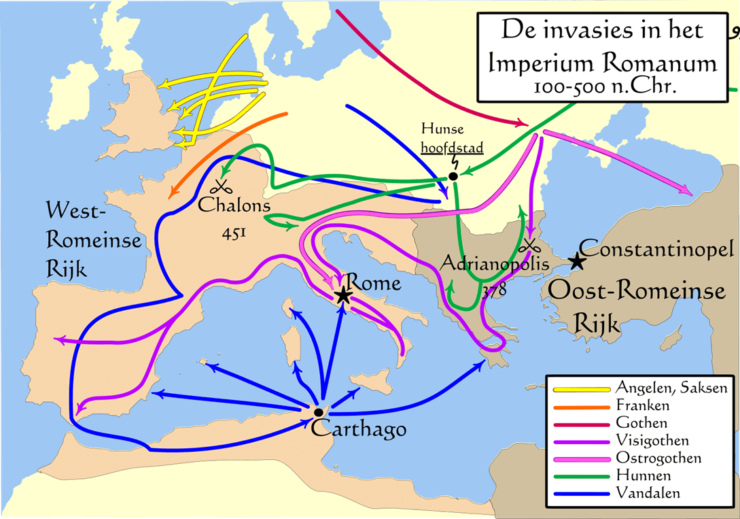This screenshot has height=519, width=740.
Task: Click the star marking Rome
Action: pos(343,295)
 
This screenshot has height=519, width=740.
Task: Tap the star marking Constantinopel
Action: pos(576,261)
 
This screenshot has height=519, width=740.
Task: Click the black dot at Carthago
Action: pos(318,412)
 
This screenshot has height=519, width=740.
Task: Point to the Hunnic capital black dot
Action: pos(453,177)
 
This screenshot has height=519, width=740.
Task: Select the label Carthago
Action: pos(359,429)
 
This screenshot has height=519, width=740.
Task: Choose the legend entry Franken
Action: pos(642,405)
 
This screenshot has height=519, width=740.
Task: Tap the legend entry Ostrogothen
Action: pos(656,458)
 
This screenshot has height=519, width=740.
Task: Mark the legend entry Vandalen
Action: pos(646,492)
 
